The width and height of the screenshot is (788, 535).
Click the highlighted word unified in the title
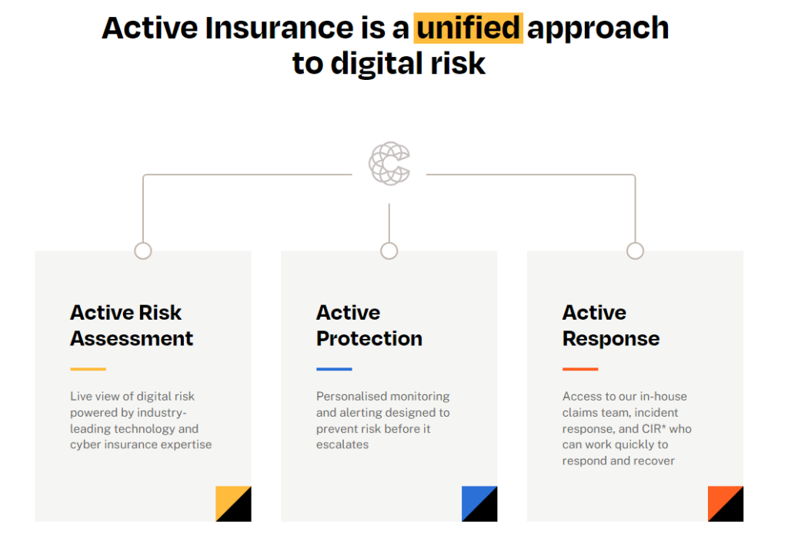(469, 28)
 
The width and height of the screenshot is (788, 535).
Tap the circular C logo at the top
(389, 163)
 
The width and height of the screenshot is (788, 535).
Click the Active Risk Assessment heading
(132, 325)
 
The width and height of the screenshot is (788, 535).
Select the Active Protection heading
(369, 325)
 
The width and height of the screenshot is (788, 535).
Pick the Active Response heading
(610, 325)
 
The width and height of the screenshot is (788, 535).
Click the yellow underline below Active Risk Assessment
(88, 369)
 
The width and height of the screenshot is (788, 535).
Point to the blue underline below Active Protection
(334, 369)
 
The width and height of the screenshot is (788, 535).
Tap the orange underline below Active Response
(580, 369)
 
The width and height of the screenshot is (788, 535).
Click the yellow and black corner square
(233, 503)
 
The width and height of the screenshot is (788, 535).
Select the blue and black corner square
(479, 503)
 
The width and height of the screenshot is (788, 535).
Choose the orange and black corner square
(726, 503)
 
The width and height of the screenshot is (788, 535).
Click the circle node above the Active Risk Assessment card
(143, 251)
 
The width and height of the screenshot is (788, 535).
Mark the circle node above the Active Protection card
(389, 251)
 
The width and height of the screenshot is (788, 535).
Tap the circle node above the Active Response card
(635, 251)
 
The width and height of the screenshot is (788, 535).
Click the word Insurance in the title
(270, 28)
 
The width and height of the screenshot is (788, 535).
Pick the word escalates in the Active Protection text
(342, 445)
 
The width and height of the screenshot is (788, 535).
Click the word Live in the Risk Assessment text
(82, 397)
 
